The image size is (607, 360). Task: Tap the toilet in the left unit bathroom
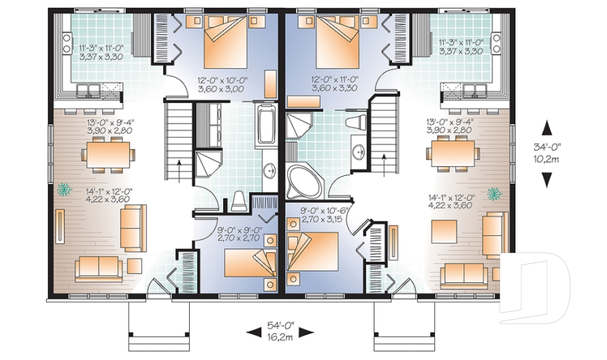click(x=239, y=202)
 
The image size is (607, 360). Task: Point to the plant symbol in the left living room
click(x=64, y=188)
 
